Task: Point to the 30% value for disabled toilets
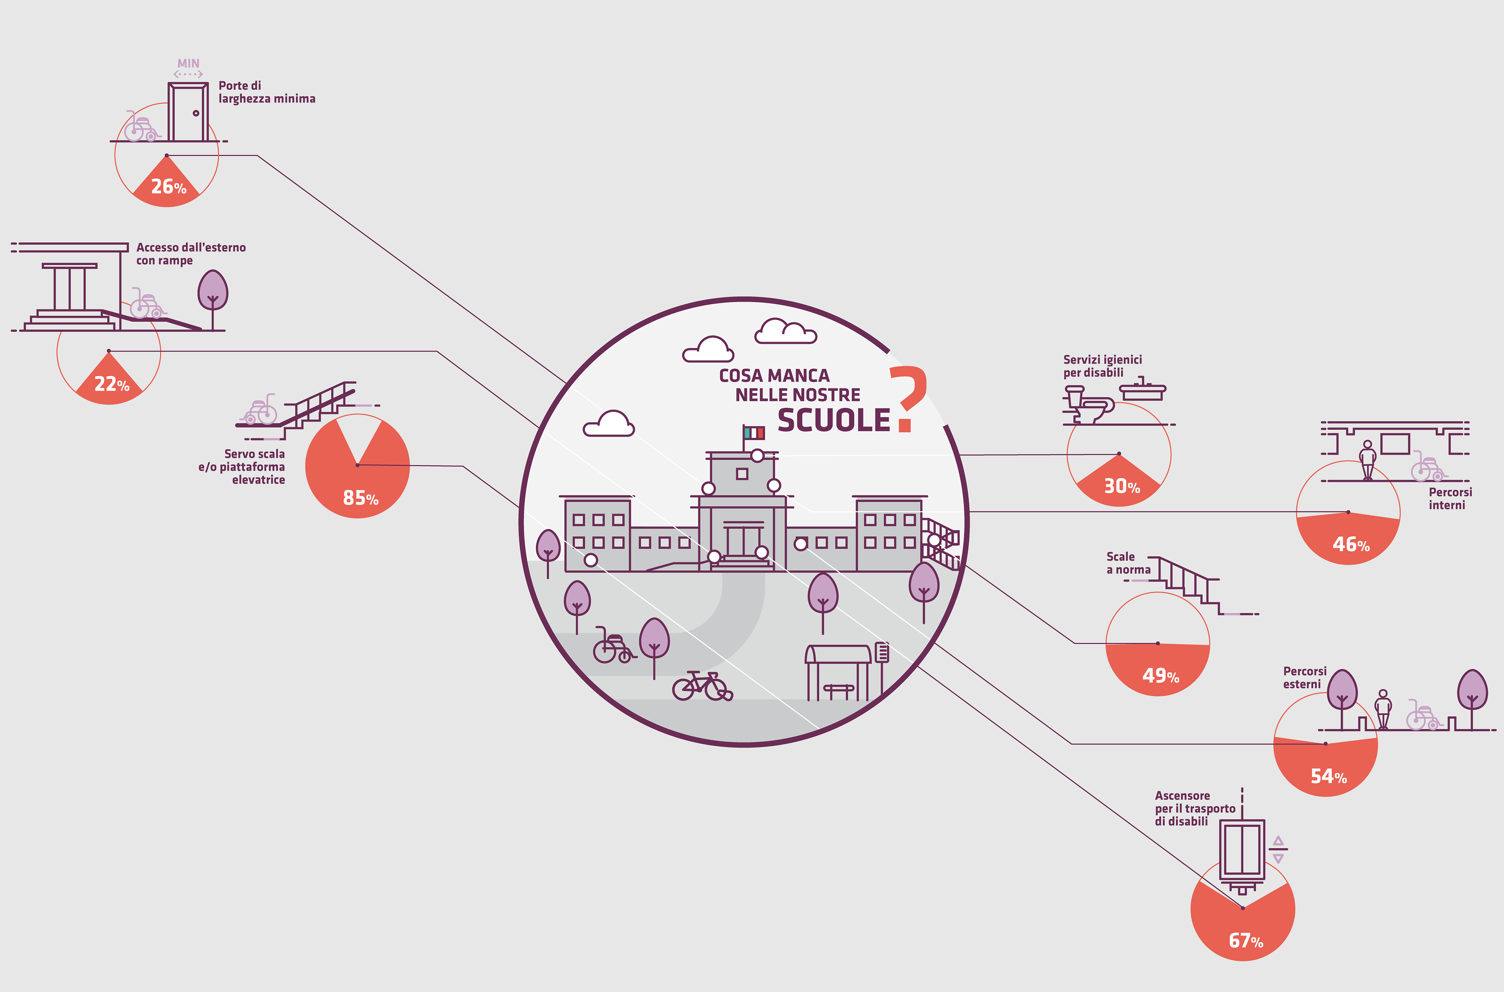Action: point(1122,486)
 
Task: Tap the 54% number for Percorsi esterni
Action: point(1328,776)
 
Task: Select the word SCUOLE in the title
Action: point(833,421)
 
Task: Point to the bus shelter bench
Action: point(839,690)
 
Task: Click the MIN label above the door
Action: point(188,64)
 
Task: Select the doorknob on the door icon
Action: point(196,113)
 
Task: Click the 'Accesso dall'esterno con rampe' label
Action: point(190,254)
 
